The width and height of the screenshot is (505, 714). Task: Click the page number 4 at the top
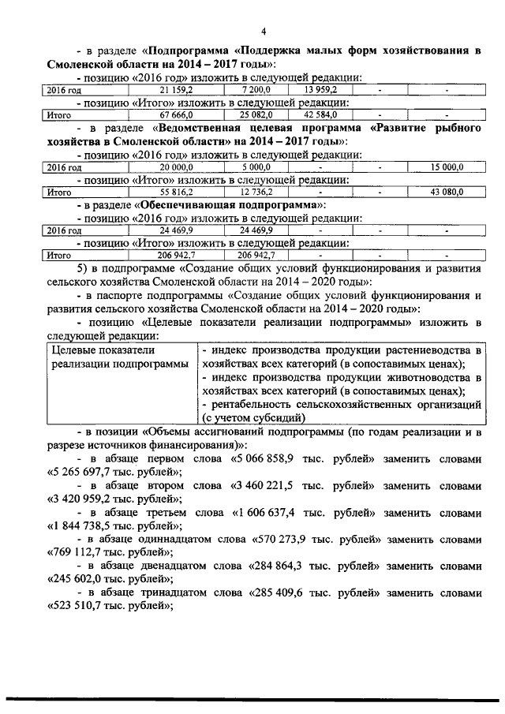[264, 31]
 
